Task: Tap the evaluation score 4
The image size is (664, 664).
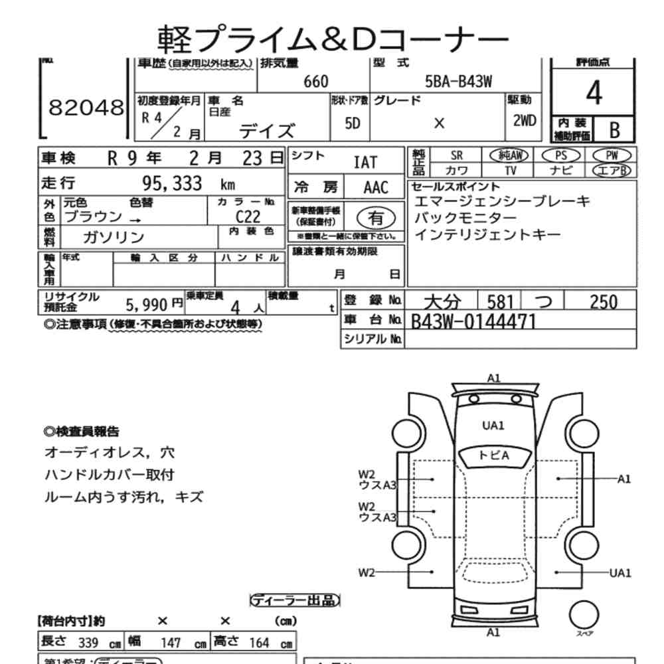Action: click(594, 95)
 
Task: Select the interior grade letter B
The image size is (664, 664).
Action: click(614, 129)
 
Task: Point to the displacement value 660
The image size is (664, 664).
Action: click(315, 82)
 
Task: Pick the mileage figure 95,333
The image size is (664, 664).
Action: click(172, 184)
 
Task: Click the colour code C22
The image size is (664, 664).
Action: click(248, 216)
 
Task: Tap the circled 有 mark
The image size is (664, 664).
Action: click(375, 217)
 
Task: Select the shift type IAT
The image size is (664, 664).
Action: click(365, 163)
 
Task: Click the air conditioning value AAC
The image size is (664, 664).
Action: click(375, 187)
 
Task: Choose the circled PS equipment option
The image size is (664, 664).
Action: click(561, 155)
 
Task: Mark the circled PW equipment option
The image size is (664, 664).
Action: click(612, 155)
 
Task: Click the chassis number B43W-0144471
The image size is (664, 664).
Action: click(473, 322)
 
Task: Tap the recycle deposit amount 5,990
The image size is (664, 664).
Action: click(148, 304)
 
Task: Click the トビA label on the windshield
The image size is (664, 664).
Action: click(493, 455)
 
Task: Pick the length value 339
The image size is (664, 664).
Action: click(88, 643)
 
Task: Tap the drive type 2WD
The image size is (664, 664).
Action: click(526, 122)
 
